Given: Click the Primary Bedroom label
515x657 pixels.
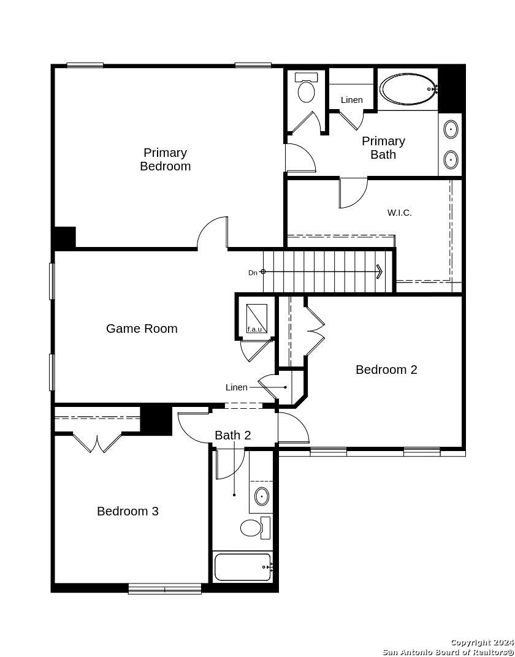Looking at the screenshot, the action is pyautogui.click(x=165, y=159).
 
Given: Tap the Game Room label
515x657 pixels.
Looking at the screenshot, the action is pyautogui.click(x=142, y=328).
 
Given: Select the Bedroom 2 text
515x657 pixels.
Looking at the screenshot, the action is pyautogui.click(x=386, y=370).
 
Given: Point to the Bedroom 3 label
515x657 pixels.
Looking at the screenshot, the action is pyautogui.click(x=128, y=511).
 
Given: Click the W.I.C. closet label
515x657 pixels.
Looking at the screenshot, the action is pyautogui.click(x=399, y=213).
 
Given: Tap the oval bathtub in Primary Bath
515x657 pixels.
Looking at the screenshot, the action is pyautogui.click(x=408, y=89).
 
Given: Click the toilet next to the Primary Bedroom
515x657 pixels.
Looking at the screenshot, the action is pyautogui.click(x=307, y=88).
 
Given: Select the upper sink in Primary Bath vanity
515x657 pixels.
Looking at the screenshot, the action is pyautogui.click(x=451, y=129).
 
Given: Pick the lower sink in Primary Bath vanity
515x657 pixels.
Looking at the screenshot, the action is pyautogui.click(x=451, y=159).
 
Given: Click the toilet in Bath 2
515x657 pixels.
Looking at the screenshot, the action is pyautogui.click(x=255, y=528).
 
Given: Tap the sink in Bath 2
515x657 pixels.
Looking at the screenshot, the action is pyautogui.click(x=262, y=496).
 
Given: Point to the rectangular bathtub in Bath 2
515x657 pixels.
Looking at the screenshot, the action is pyautogui.click(x=243, y=567).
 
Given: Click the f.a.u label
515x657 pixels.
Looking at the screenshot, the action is pyautogui.click(x=254, y=329).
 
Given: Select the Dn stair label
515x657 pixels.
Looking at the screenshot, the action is pyautogui.click(x=253, y=273).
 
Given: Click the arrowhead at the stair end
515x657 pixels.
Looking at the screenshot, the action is pyautogui.click(x=380, y=272).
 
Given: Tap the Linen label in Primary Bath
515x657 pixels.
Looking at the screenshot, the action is pyautogui.click(x=351, y=100).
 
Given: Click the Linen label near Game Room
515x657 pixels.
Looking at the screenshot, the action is pyautogui.click(x=236, y=387).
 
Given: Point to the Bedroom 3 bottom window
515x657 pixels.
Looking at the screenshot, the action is pyautogui.click(x=165, y=589).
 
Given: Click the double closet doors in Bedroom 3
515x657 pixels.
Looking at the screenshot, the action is pyautogui.click(x=97, y=442).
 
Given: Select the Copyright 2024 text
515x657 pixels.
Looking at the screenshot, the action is pyautogui.click(x=483, y=642).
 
